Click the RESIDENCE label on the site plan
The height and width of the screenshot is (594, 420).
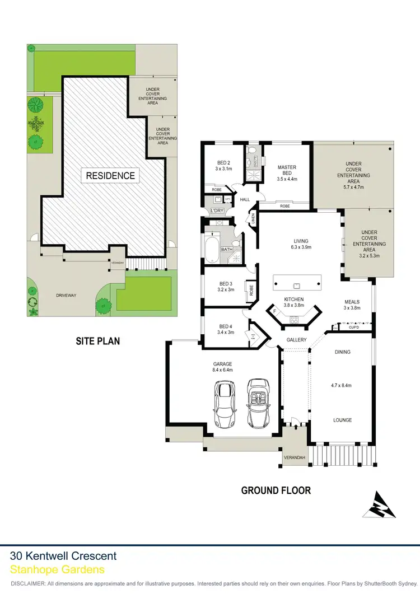point(110,175)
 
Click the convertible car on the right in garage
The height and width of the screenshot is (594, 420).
point(259,403)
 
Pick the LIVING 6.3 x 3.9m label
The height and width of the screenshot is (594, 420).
point(300,244)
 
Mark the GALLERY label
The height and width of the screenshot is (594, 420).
point(297,340)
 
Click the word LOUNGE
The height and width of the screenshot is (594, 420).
point(342,420)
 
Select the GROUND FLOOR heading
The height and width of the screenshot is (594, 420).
point(276,490)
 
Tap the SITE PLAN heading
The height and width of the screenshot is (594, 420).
point(98,340)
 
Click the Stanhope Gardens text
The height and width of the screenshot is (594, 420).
point(57,569)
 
